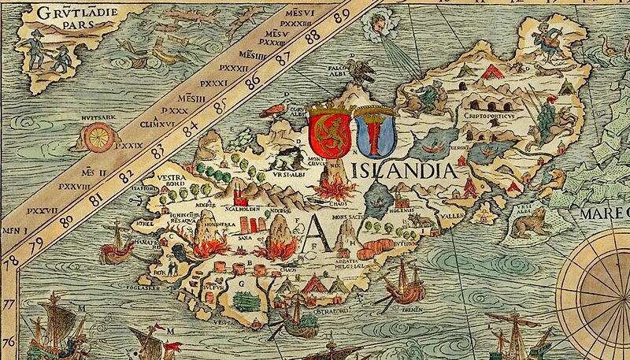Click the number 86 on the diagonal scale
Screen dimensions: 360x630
click(254, 81)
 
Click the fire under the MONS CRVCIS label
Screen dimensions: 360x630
click(332, 188)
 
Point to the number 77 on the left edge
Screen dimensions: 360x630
click(9, 302)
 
